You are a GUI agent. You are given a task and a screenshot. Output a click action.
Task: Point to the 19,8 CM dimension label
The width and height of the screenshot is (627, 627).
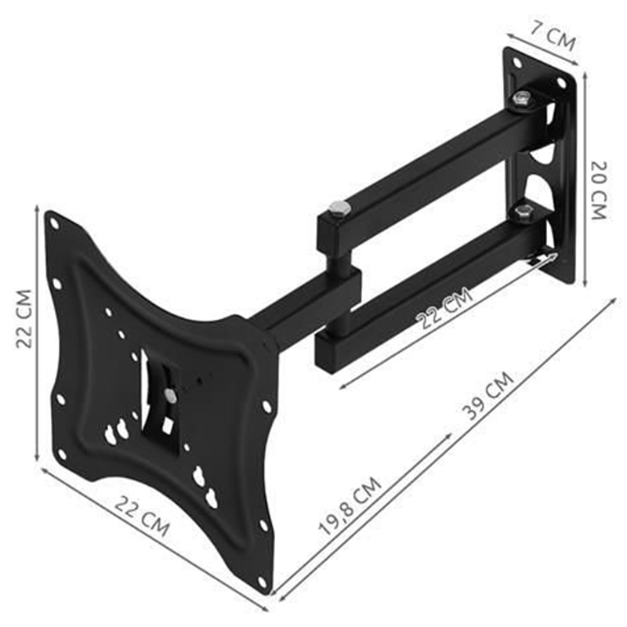[350, 505]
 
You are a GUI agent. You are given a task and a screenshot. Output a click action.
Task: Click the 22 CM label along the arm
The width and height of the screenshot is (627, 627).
[444, 307]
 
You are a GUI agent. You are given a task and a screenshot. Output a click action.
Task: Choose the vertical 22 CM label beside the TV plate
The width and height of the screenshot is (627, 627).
[24, 319]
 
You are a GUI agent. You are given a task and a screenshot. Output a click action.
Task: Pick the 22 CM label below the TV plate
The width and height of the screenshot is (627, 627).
[143, 516]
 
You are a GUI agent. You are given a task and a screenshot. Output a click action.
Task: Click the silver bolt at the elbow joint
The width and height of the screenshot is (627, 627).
[339, 208]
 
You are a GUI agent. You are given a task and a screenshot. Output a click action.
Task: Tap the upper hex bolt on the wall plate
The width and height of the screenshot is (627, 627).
[521, 99]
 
